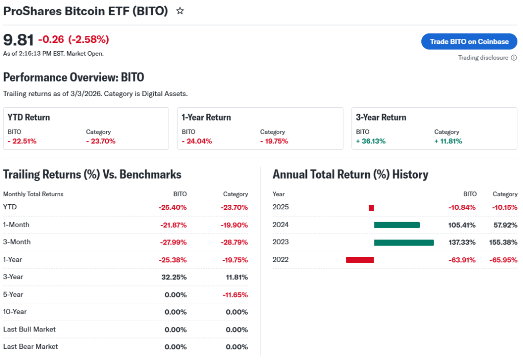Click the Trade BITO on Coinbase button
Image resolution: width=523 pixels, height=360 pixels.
[469, 41]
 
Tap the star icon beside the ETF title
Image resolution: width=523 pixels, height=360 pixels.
[180, 11]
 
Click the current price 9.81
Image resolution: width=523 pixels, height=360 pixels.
[18, 40]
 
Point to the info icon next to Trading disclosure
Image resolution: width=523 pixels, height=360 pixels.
[514, 58]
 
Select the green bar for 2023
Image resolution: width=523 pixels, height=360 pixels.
[403, 242]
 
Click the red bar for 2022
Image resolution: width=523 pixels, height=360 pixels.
[360, 259]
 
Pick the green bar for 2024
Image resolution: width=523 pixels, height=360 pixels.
[396, 225]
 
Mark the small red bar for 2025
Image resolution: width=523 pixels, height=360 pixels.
[371, 207]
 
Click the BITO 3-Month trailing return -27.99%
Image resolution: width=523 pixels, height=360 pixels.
[173, 242]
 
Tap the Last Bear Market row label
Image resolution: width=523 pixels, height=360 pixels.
[31, 347]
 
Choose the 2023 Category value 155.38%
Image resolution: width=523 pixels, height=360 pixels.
[503, 242]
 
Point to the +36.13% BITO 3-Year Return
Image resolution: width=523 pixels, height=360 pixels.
[371, 141]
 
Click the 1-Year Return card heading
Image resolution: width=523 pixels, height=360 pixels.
[206, 117]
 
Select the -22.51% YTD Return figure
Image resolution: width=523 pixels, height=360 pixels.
[22, 141]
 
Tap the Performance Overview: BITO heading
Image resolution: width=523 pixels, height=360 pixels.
[74, 77]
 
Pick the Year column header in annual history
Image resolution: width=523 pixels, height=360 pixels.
[279, 194]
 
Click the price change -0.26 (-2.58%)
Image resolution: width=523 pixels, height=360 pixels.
[74, 40]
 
